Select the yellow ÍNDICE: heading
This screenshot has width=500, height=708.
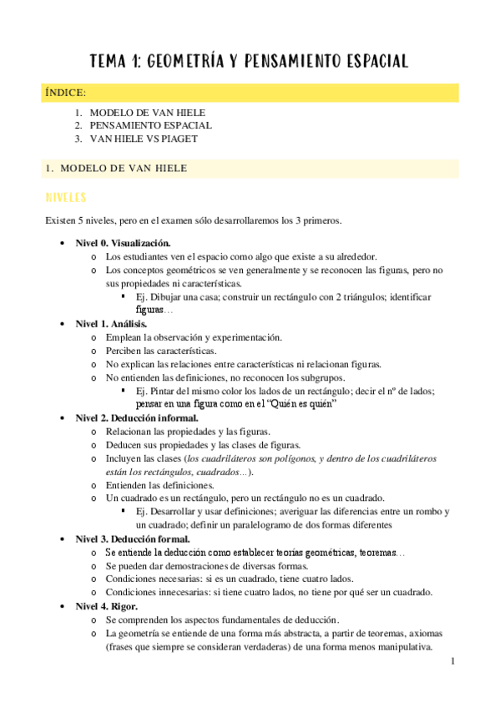pos(65,93)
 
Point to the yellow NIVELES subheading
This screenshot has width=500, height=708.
pos(71,198)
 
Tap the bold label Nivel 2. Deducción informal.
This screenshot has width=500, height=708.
pos(136,417)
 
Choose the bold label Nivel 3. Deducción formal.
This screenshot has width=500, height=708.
pos(133,539)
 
